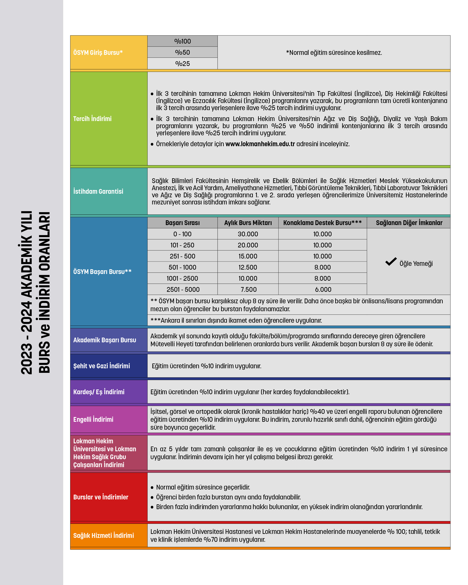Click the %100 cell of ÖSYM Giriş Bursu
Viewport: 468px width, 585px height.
click(x=182, y=41)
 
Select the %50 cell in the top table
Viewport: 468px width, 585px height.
click(x=182, y=52)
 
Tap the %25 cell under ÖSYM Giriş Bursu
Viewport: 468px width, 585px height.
click(x=182, y=64)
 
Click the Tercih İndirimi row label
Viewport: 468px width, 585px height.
click(x=92, y=119)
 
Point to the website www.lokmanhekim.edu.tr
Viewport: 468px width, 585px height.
click(x=260, y=144)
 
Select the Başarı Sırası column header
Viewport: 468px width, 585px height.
click(x=182, y=223)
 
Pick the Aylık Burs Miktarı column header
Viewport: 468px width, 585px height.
click(x=248, y=223)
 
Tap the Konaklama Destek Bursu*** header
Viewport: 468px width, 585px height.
click(x=322, y=223)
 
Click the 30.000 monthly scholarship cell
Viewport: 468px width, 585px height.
click(x=248, y=234)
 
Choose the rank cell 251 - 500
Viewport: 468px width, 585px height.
click(x=182, y=256)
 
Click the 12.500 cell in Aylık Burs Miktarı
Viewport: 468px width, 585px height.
click(x=248, y=267)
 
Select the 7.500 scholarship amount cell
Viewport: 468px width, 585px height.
click(x=248, y=289)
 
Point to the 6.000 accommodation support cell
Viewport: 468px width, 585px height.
click(x=323, y=289)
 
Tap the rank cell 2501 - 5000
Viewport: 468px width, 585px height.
click(x=183, y=289)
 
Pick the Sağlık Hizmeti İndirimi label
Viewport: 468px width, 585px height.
click(x=103, y=535)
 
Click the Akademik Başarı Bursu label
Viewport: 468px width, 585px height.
click(x=104, y=340)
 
